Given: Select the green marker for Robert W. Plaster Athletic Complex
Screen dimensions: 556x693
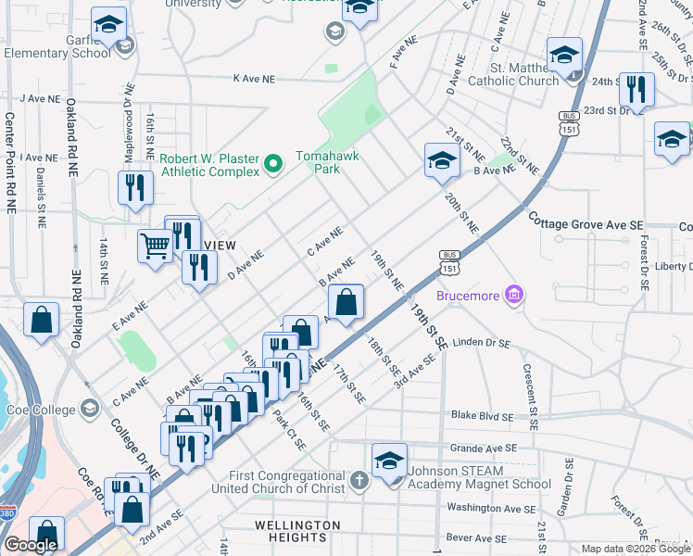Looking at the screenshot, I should [x=272, y=165].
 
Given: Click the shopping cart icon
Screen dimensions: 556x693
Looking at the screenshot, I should [x=155, y=246].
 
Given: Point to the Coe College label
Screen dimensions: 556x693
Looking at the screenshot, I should [x=41, y=409].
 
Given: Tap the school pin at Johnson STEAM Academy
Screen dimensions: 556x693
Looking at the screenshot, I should [x=389, y=461].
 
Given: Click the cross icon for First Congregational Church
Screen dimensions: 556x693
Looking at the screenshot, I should [x=360, y=481].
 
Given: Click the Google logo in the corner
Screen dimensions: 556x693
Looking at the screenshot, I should [x=31, y=545].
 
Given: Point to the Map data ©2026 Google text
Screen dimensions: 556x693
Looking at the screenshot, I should [x=636, y=549].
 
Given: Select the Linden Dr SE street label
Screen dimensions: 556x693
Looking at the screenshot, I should [x=477, y=344].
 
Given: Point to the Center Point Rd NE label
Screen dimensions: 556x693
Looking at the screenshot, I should [x=10, y=164].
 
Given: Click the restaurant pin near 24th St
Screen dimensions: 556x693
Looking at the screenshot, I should [x=636, y=90].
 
